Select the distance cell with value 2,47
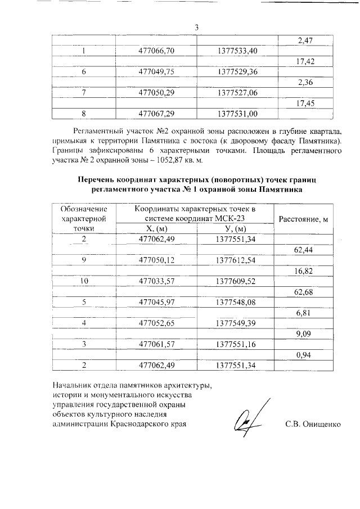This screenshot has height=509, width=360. [304, 40]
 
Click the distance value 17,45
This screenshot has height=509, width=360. [304, 103]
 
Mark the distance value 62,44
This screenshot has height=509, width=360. [304, 250]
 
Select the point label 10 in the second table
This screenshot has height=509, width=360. [84, 280]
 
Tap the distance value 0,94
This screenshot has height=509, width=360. [304, 355]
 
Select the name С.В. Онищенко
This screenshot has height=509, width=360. [313, 423]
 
